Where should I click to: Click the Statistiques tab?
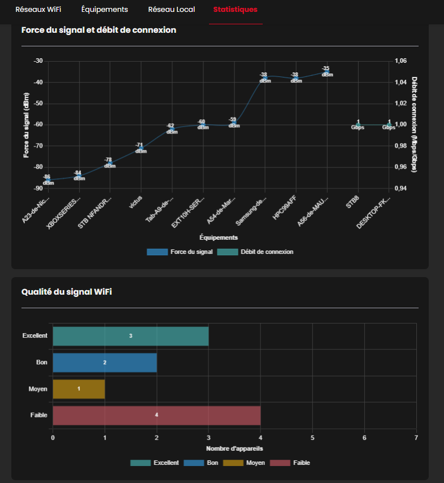click(x=235, y=10)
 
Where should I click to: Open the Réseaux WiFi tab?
click(x=38, y=10)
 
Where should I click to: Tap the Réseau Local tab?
click(x=172, y=10)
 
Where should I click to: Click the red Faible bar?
click(x=156, y=415)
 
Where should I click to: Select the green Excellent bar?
click(x=130, y=336)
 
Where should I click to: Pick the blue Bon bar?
click(x=105, y=362)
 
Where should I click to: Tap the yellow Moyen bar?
click(x=79, y=389)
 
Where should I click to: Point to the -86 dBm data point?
click(x=49, y=180)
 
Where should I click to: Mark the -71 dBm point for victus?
click(x=141, y=148)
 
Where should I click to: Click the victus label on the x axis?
click(x=136, y=201)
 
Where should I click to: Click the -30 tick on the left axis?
click(x=38, y=61)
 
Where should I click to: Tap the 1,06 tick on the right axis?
click(x=400, y=61)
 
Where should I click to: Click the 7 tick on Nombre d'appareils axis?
click(x=416, y=437)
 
